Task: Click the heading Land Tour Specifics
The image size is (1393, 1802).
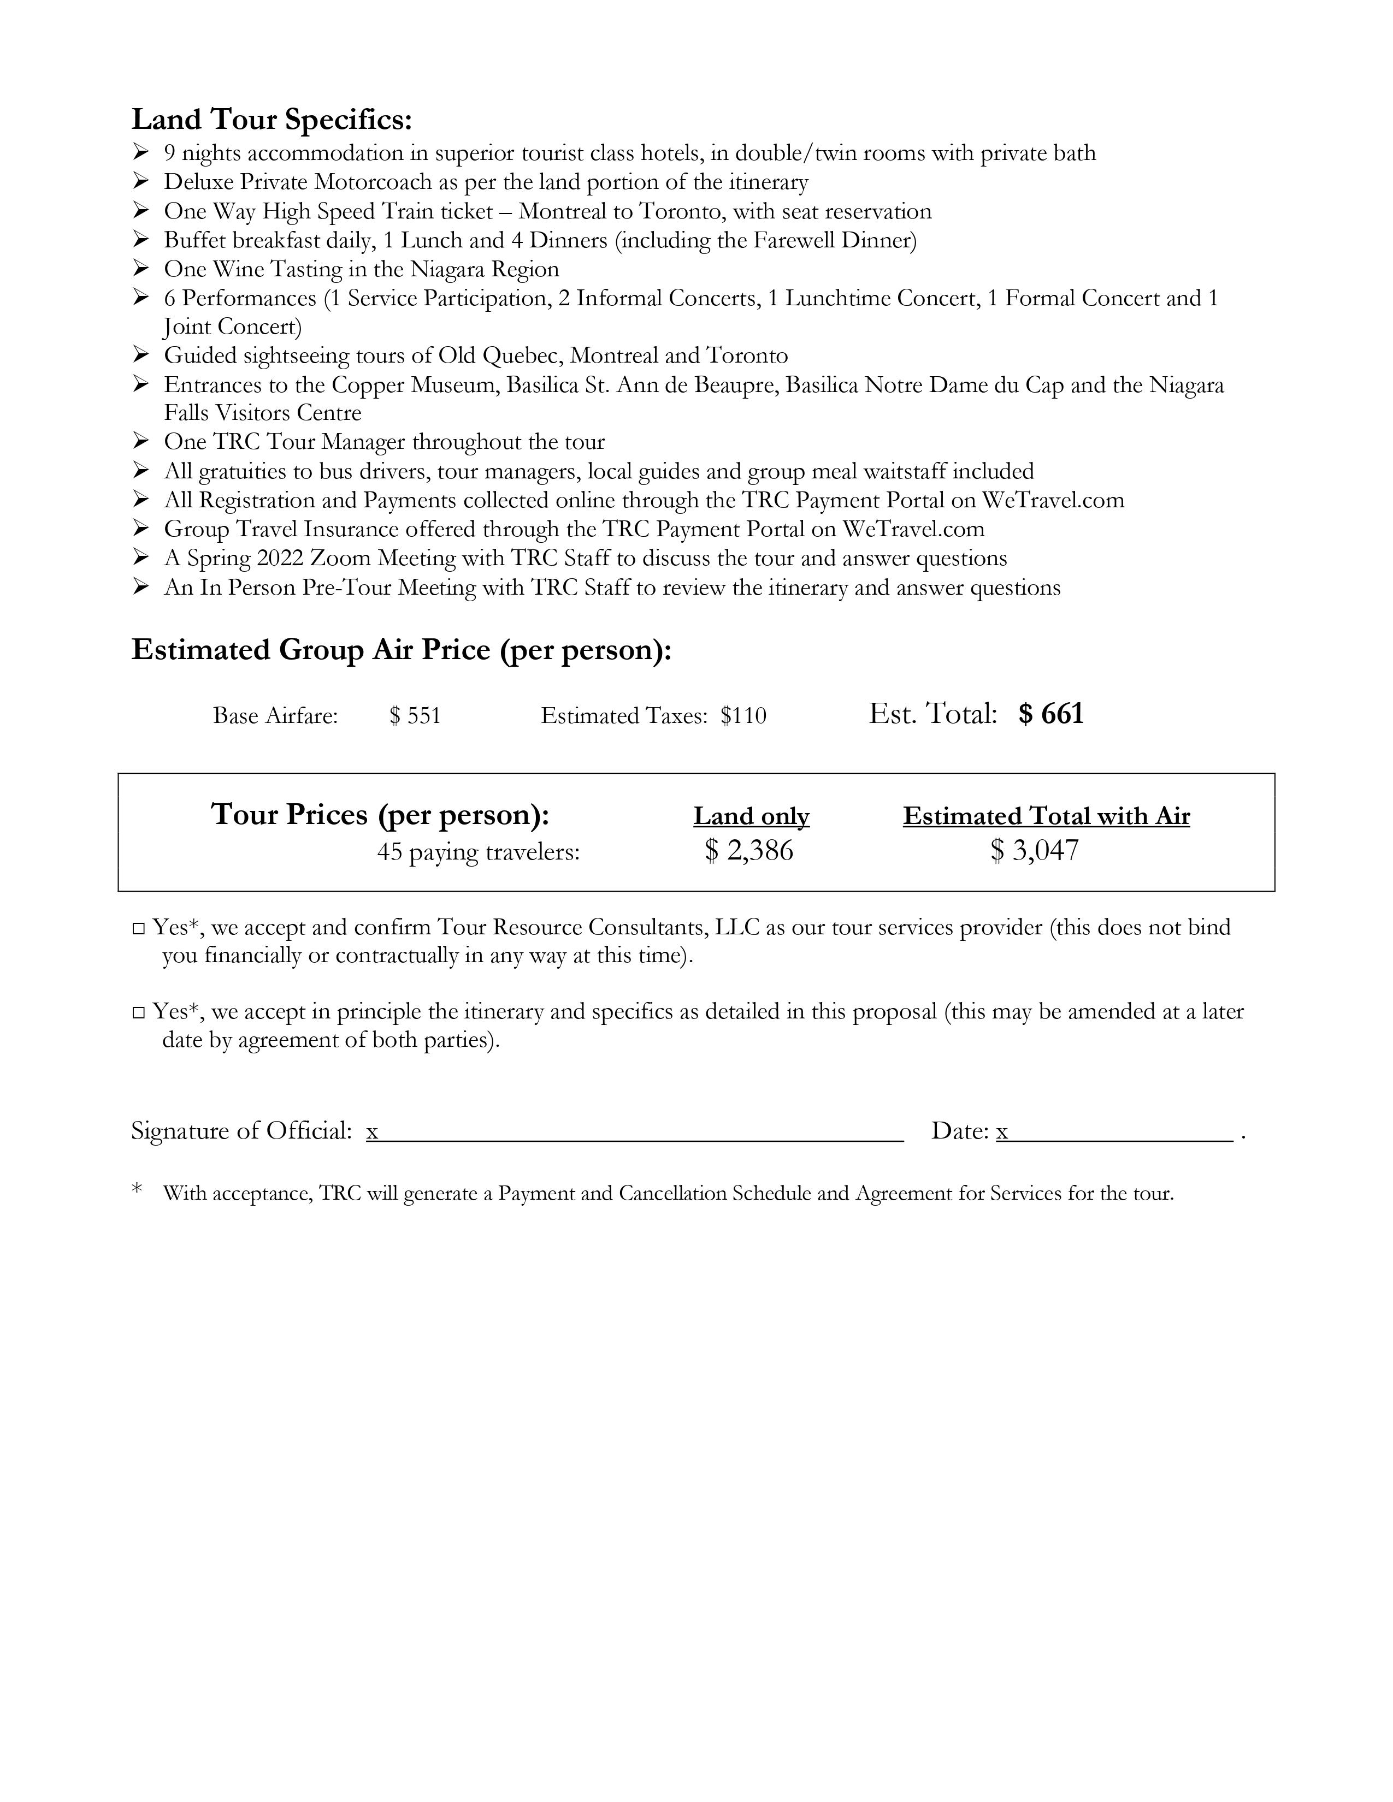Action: point(271,121)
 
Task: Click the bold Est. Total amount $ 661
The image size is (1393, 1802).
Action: point(1050,714)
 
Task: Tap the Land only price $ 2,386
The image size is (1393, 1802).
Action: point(749,851)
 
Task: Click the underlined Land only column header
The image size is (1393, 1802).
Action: point(751,816)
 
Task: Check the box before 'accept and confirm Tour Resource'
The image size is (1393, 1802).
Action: point(139,929)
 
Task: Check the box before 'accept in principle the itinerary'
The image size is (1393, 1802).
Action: point(139,1013)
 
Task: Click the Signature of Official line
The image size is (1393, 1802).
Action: point(635,1132)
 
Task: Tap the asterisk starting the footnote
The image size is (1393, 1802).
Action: point(137,1190)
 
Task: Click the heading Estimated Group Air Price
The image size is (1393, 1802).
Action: point(401,650)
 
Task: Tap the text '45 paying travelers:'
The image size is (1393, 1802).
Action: point(478,852)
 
